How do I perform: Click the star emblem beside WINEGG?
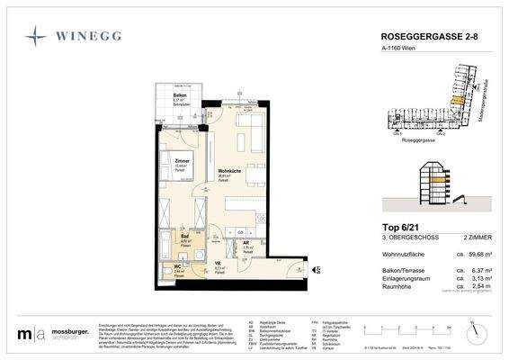coord(36,37)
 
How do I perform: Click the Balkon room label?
coord(179,94)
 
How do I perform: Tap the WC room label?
coord(176,266)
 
